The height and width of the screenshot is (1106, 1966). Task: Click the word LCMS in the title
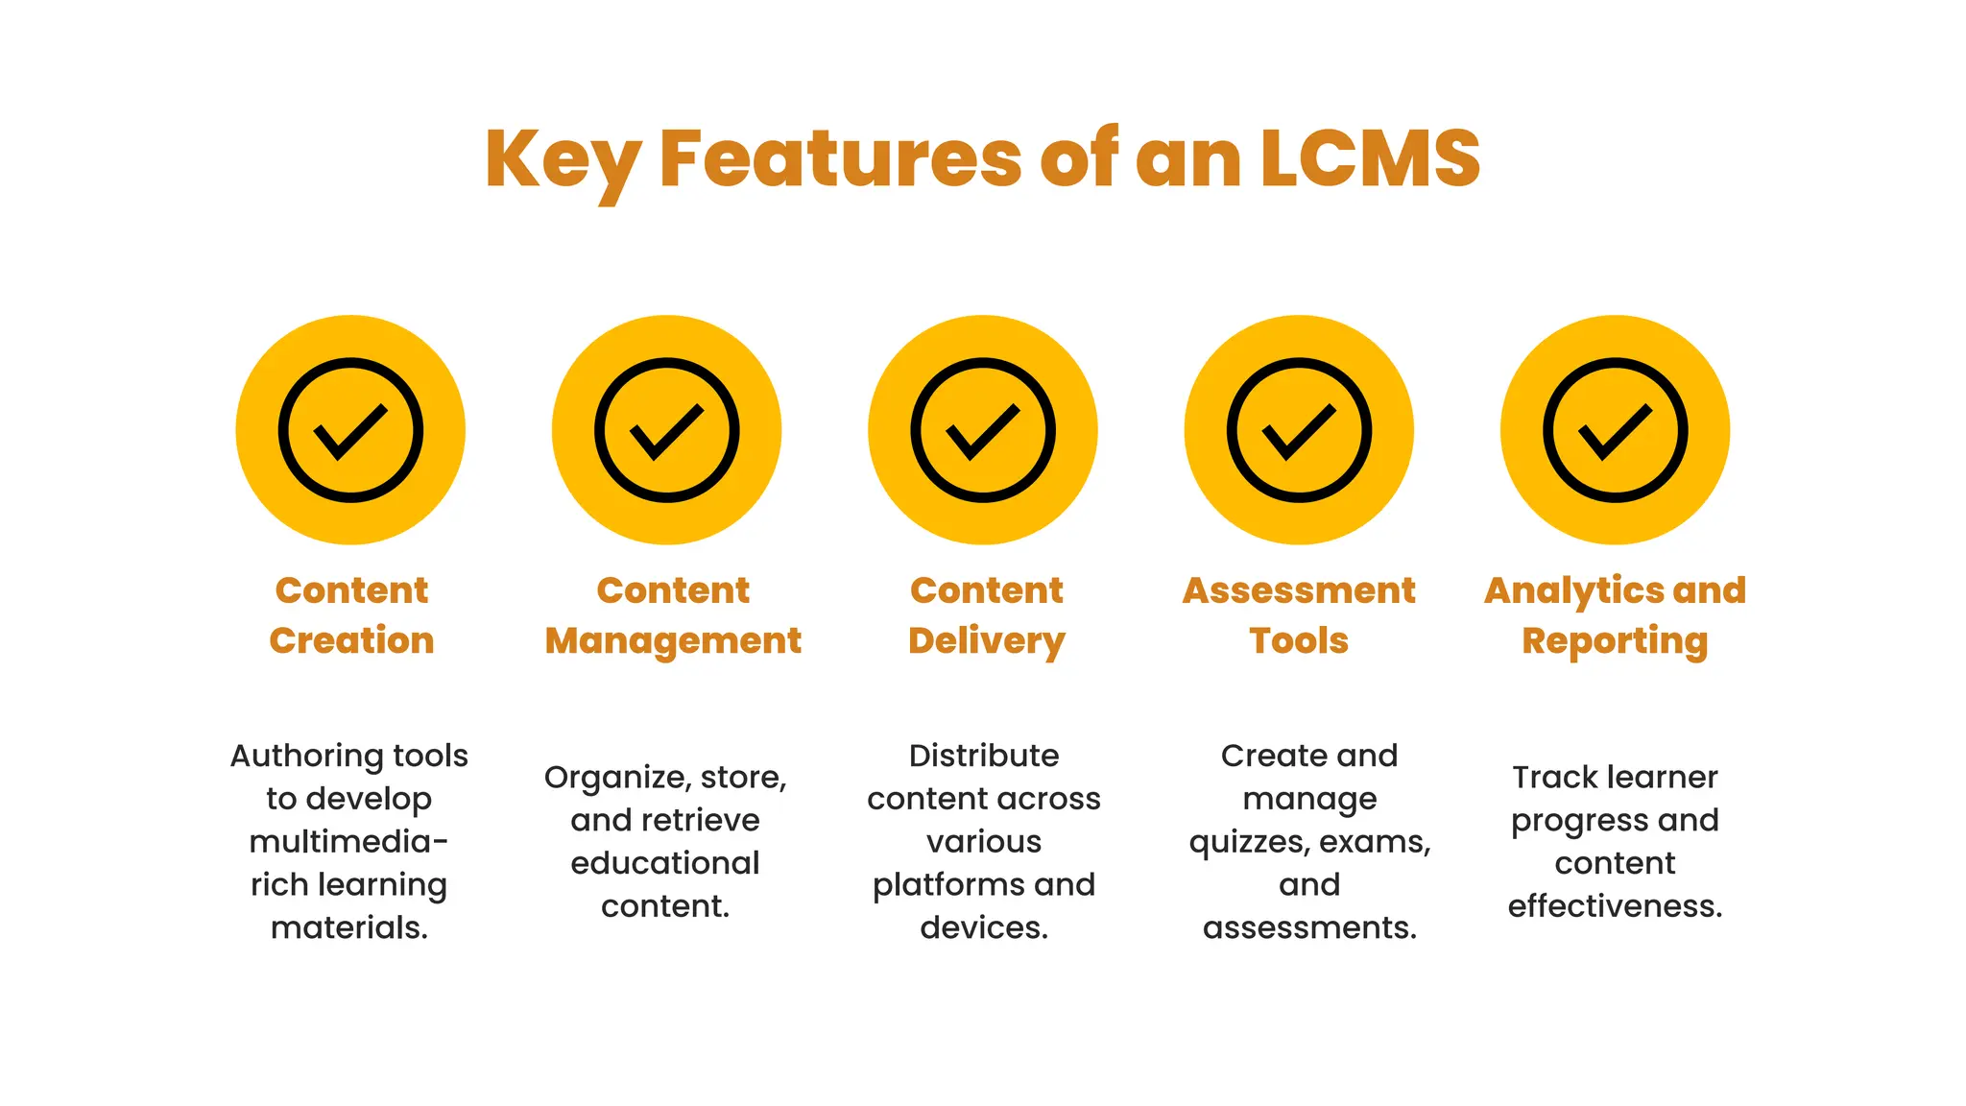(1370, 158)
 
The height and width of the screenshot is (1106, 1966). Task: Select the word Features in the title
(841, 158)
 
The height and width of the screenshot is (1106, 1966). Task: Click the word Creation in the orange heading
(351, 640)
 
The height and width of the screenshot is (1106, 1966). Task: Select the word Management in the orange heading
(673, 640)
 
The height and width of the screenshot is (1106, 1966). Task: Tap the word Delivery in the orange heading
(987, 641)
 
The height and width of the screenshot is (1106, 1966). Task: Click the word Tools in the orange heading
(1299, 640)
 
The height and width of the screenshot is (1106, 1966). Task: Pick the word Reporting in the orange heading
(1615, 641)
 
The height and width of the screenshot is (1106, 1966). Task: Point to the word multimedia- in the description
(348, 842)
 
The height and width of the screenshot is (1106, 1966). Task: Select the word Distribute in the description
(984, 756)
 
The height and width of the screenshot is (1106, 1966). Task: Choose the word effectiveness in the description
(1615, 905)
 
